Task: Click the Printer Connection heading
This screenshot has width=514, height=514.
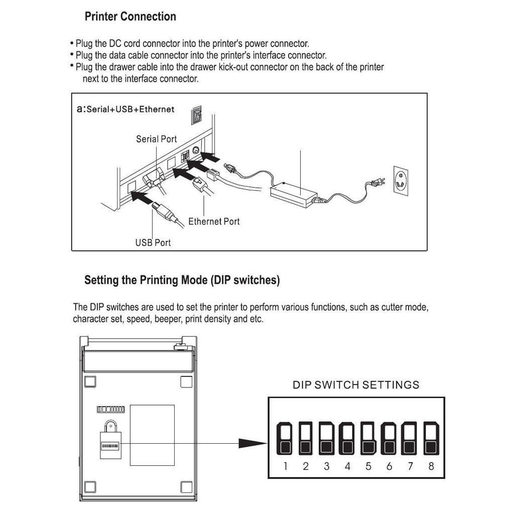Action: [130, 17]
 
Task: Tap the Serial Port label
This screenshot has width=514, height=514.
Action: [156, 139]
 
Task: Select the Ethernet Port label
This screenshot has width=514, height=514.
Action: [214, 221]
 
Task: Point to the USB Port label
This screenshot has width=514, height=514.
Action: [153, 243]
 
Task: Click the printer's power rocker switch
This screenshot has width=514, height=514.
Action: [196, 115]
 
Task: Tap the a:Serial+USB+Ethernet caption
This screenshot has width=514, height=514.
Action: [125, 109]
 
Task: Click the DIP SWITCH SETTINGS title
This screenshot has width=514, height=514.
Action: [356, 385]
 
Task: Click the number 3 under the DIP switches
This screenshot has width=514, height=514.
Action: [326, 466]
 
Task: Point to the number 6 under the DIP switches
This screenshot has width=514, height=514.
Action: [389, 466]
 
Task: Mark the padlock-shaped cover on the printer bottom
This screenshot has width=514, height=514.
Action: [109, 439]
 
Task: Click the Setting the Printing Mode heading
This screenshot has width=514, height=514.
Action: [182, 280]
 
